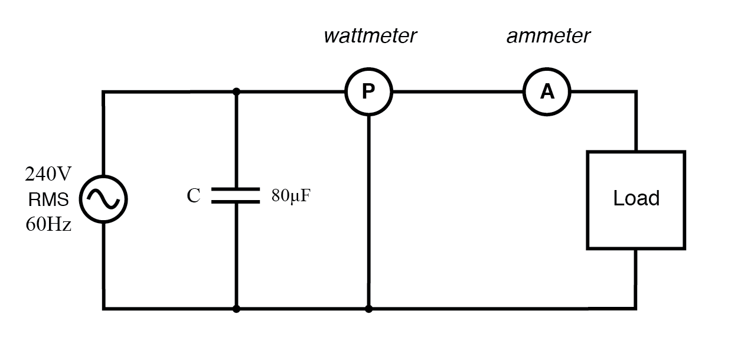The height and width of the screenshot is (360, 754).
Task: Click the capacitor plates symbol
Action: point(236,195)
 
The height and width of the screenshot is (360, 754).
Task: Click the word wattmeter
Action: point(370,36)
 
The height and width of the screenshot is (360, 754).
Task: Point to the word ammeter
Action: point(549,36)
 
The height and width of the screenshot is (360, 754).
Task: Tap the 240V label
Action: point(48,174)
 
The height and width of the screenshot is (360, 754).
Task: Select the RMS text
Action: point(48,199)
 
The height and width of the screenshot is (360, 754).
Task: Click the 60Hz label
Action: point(48,224)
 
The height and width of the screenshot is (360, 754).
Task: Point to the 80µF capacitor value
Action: point(291,196)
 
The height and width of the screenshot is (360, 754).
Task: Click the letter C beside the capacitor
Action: point(194,196)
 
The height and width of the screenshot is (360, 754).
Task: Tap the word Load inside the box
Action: point(636,198)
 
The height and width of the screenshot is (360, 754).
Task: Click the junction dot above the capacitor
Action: point(236,91)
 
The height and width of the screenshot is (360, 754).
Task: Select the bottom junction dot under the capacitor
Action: point(236,309)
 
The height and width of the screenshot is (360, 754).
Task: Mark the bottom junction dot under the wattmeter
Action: point(368,309)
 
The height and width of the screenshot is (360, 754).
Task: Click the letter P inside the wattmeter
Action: point(368,91)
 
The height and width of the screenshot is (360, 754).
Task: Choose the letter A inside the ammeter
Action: point(547,91)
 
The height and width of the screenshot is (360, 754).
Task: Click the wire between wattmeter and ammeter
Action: point(458,91)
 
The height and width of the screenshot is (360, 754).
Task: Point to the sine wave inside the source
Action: point(103,199)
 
